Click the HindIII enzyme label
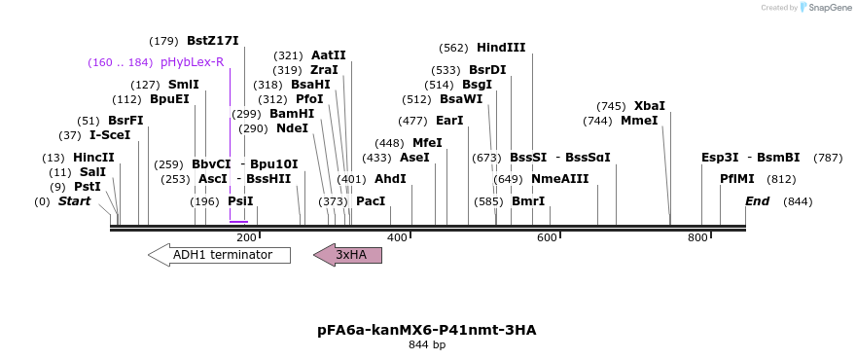[501, 48]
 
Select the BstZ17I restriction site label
[212, 41]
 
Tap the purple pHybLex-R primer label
[193, 62]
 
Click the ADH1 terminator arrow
[219, 255]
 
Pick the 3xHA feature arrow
[348, 255]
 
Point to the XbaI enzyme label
[650, 106]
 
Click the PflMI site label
[737, 179]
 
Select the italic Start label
[74, 201]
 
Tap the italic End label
[758, 201]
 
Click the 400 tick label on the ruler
[397, 238]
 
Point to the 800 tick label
[696, 238]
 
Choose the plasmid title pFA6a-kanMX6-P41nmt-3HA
[427, 330]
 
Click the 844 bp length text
[427, 344]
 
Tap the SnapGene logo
[827, 8]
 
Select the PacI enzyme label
[371, 201]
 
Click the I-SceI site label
[110, 135]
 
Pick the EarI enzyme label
[449, 121]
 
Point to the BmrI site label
[528, 201]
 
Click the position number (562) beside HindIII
[453, 48]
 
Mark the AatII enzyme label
[329, 55]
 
